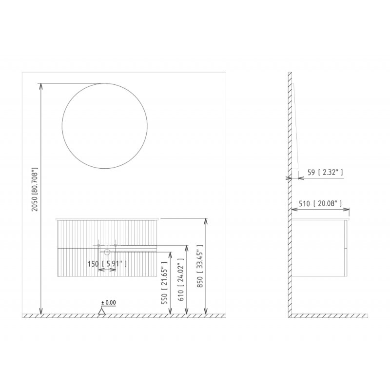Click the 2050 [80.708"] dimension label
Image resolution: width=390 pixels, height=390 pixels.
pos(35,189)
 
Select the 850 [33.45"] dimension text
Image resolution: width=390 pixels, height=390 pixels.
pos(200,266)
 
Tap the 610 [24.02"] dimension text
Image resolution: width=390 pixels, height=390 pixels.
pos(181,278)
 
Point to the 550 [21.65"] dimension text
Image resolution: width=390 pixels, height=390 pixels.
pos(165,283)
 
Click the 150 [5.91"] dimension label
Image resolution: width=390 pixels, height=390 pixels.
pos(107,264)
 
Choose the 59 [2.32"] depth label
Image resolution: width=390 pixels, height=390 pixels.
pos(325,173)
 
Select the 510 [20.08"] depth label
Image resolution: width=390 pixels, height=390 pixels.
pos(320,204)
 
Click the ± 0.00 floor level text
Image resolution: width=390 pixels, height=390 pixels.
pos(109,303)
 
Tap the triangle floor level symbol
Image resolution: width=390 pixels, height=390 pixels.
pos(101,311)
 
